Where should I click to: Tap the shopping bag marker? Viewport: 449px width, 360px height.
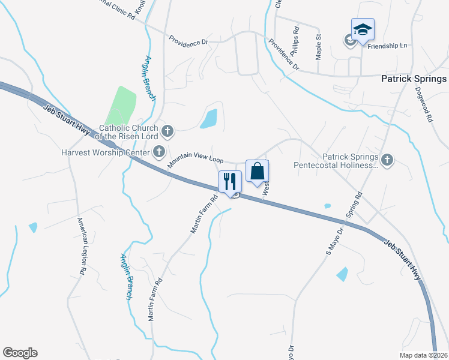(x=257, y=171)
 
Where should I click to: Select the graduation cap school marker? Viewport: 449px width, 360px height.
(x=363, y=29)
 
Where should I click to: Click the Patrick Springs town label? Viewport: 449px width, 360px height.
(x=414, y=79)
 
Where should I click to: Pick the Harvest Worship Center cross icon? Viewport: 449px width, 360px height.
(x=159, y=151)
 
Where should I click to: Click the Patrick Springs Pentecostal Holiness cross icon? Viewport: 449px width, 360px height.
(x=387, y=159)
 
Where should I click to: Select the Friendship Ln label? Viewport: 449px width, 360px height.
(x=387, y=46)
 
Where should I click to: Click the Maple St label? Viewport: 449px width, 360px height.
(x=319, y=46)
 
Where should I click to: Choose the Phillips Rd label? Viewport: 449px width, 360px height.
(x=295, y=41)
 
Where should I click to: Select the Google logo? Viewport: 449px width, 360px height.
(x=20, y=353)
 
